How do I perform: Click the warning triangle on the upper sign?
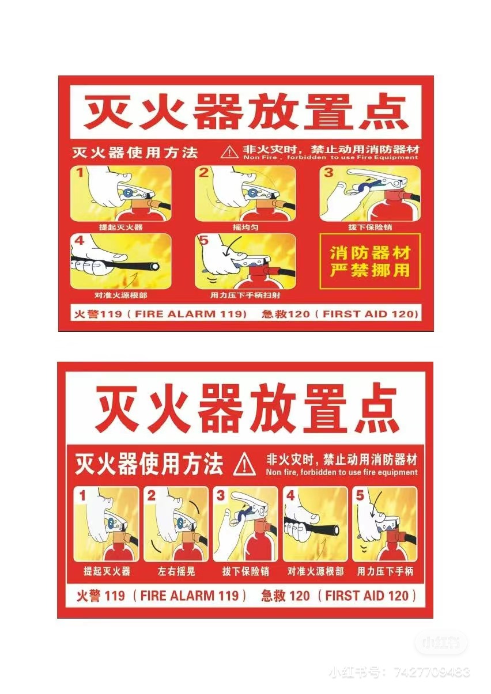click(229, 152)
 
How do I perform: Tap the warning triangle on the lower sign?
click(244, 464)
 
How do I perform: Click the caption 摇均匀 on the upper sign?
click(246, 227)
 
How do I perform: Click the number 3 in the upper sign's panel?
click(328, 173)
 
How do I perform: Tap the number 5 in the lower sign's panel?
click(360, 496)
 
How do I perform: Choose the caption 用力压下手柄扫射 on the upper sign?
click(246, 295)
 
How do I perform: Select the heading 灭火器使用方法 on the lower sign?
click(149, 464)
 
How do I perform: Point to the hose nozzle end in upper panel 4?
click(154, 267)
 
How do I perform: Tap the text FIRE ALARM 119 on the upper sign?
click(190, 314)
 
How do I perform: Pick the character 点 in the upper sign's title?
click(382, 112)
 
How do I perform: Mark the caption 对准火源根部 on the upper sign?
click(121, 295)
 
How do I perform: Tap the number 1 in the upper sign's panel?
click(80, 173)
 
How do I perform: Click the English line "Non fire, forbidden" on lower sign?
click(342, 472)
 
